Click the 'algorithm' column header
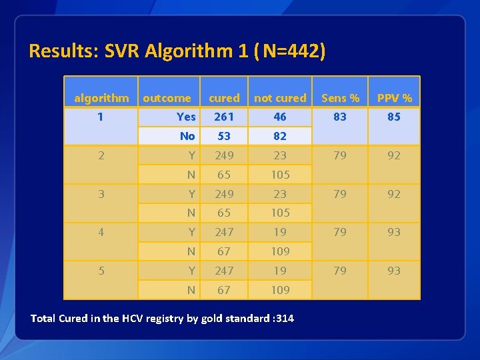coord(101,98)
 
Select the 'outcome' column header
coord(167,98)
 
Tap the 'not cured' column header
coord(280,98)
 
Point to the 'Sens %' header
coord(340,98)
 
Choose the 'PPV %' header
coord(394,98)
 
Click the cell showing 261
coord(224,117)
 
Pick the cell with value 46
coord(280,117)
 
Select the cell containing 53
coord(224,136)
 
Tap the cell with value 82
coord(280,136)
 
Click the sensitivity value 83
coord(340,117)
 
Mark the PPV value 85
coord(394,117)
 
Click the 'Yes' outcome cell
coord(186,117)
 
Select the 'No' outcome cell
coord(187,136)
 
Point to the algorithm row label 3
coord(101,194)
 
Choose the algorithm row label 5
coord(101,271)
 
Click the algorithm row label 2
coord(101,155)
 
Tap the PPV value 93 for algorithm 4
coord(394,232)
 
